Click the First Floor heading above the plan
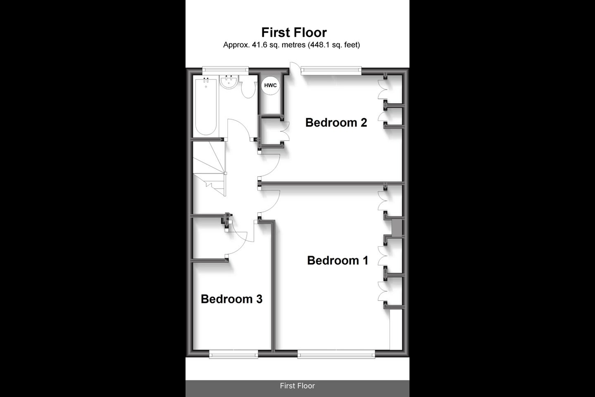point(294,32)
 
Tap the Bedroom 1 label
point(338,260)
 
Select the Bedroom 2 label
point(336,122)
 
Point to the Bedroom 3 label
point(232,299)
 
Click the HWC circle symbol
point(270,85)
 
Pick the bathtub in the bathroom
point(206,106)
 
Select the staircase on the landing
point(209,169)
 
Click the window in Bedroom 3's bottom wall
point(233,354)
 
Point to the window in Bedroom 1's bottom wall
point(336,354)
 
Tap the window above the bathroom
point(225,70)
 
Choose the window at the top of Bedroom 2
point(331,70)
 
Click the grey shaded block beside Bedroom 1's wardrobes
point(397,227)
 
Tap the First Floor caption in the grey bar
point(297,386)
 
